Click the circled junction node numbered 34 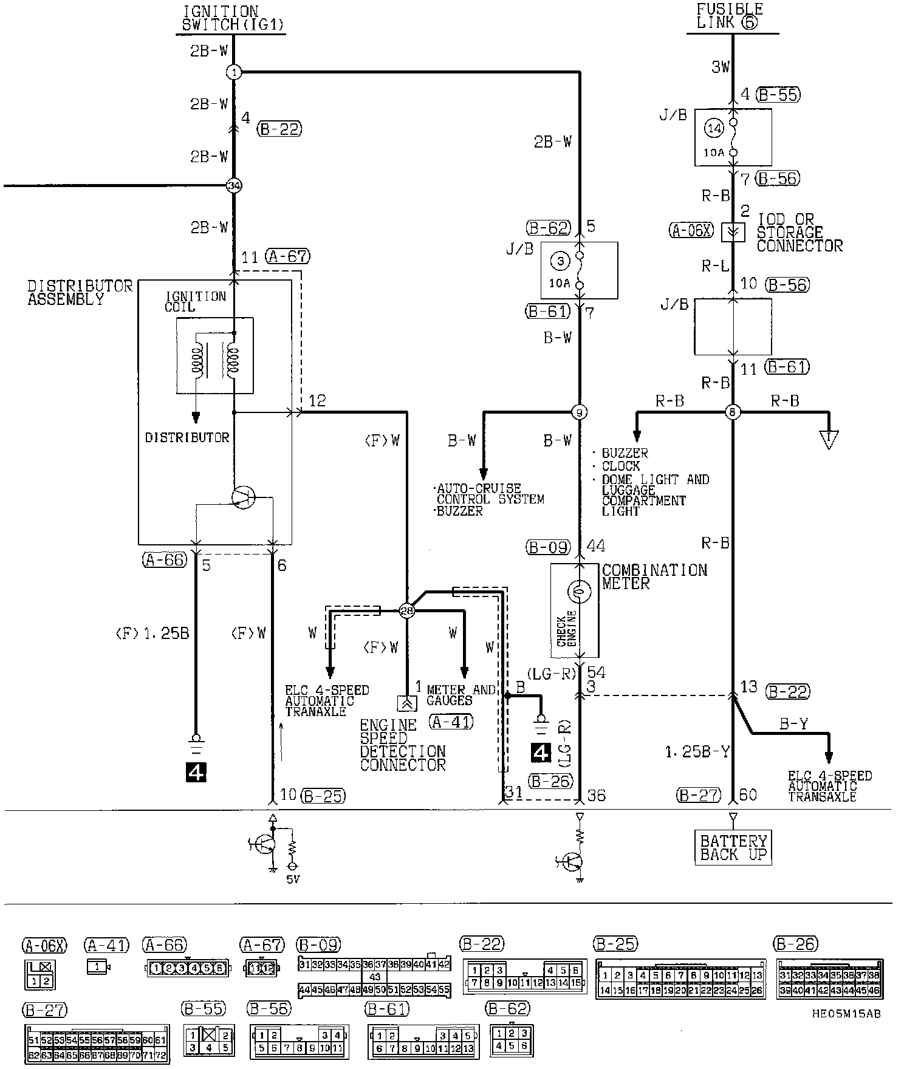tap(234, 186)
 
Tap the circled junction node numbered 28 tap(406, 610)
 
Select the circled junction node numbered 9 tap(580, 413)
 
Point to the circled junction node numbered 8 tap(733, 413)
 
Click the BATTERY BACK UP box tap(733, 848)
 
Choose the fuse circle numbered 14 tap(714, 128)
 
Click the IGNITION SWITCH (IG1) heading tap(233, 18)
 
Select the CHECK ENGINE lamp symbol tap(579, 590)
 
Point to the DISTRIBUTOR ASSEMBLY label tap(80, 292)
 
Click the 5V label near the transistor tap(293, 879)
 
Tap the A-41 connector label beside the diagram tap(451, 722)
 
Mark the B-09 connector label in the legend tap(318, 945)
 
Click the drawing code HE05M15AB tap(845, 1013)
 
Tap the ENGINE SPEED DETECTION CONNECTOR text tap(402, 745)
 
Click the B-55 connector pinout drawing tap(209, 1041)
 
